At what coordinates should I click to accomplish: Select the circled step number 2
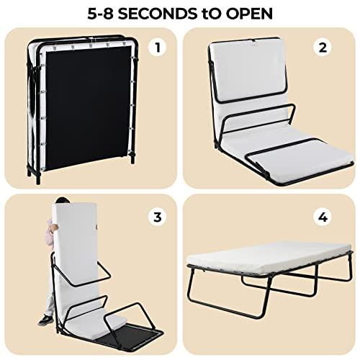323,48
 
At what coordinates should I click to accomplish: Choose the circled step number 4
323,214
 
